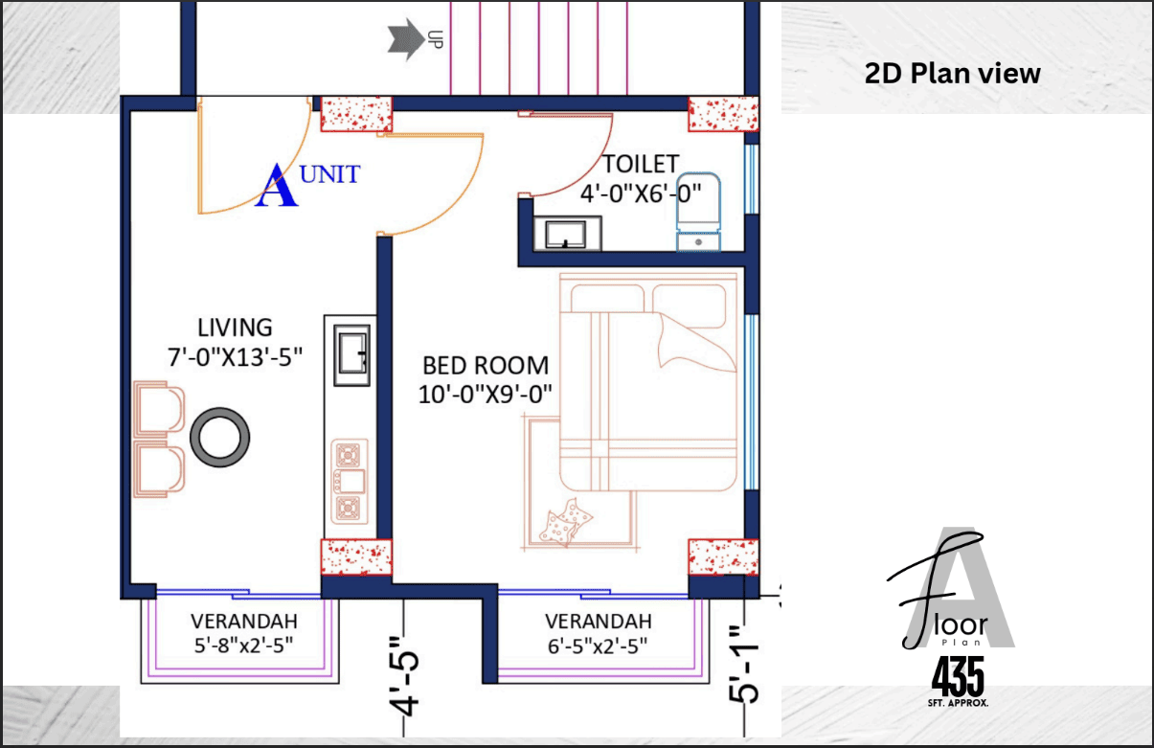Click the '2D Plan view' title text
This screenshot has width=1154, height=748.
click(952, 73)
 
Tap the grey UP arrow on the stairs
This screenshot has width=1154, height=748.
click(406, 39)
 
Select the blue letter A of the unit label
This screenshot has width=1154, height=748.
click(277, 186)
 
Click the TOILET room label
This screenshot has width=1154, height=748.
click(641, 165)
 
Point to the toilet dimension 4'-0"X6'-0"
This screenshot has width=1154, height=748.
click(641, 194)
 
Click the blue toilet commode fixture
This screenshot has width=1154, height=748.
click(698, 212)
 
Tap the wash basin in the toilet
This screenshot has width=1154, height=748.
click(567, 234)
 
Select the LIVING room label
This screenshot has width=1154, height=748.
click(235, 328)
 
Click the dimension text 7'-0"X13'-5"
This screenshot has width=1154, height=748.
click(235, 356)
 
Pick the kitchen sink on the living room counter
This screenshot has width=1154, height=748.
click(351, 355)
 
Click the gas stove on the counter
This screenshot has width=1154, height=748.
click(350, 482)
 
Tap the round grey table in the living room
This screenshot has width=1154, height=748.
click(220, 438)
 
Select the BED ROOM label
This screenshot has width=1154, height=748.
click(486, 366)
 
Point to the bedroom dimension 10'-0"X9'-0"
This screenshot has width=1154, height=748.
click(486, 395)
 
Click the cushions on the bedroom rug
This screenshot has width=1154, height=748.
click(566, 522)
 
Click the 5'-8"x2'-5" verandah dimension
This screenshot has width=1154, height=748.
click(243, 646)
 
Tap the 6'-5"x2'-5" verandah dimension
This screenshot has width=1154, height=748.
click(598, 646)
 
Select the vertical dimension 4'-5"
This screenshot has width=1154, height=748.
click(405, 676)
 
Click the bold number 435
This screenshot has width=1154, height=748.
click(958, 676)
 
